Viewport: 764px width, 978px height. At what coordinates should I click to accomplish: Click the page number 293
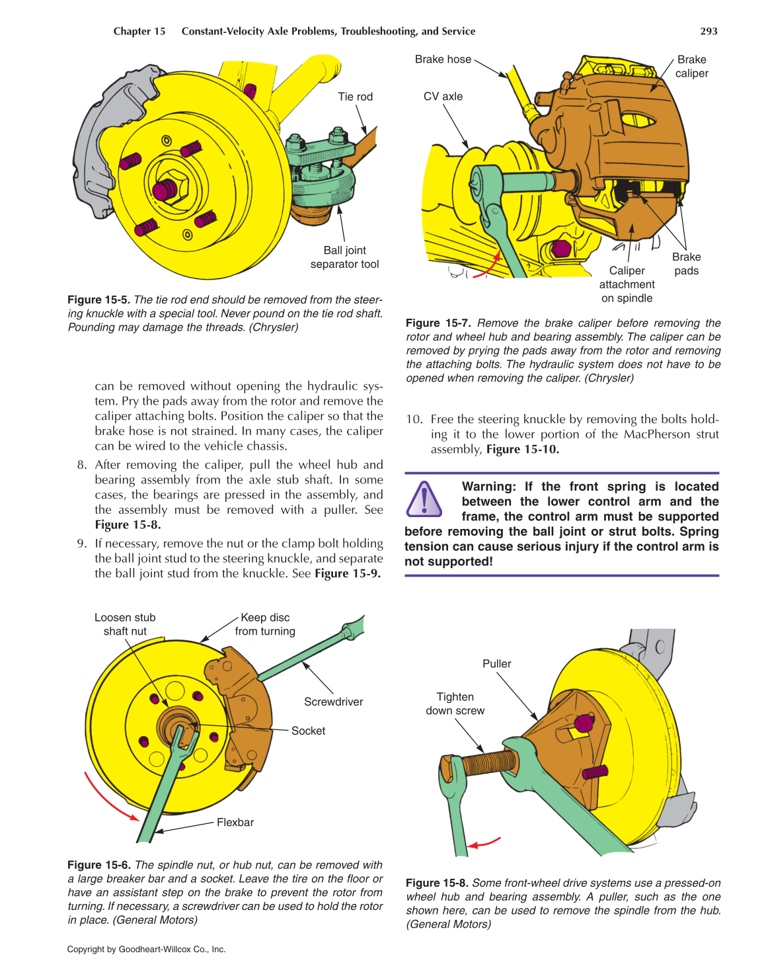(x=708, y=31)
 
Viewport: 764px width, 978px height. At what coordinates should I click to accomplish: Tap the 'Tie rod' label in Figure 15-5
(x=355, y=97)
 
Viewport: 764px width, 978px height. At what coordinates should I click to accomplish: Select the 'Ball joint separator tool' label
(x=344, y=257)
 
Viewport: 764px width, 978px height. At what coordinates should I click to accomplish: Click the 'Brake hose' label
(x=443, y=60)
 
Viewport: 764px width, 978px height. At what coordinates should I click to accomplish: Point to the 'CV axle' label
(x=443, y=97)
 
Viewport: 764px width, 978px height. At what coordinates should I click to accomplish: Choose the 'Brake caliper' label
(x=691, y=66)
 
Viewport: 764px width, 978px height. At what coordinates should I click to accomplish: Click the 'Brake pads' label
(x=686, y=264)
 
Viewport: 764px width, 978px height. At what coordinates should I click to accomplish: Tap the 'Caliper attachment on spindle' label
(x=627, y=284)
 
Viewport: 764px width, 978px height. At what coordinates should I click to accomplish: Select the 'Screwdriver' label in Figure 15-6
(x=333, y=702)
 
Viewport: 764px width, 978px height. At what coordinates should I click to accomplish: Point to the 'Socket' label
(x=308, y=731)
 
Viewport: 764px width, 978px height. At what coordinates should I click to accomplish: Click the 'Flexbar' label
(x=235, y=822)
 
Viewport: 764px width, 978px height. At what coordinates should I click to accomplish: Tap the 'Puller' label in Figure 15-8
(x=496, y=663)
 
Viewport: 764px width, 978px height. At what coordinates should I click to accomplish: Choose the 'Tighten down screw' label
(x=455, y=704)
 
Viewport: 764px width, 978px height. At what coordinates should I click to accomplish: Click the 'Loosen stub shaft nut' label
(x=125, y=624)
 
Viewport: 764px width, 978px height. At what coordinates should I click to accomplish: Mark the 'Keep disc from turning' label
(x=265, y=624)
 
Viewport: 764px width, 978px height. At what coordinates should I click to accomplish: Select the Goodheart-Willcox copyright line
(x=146, y=949)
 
